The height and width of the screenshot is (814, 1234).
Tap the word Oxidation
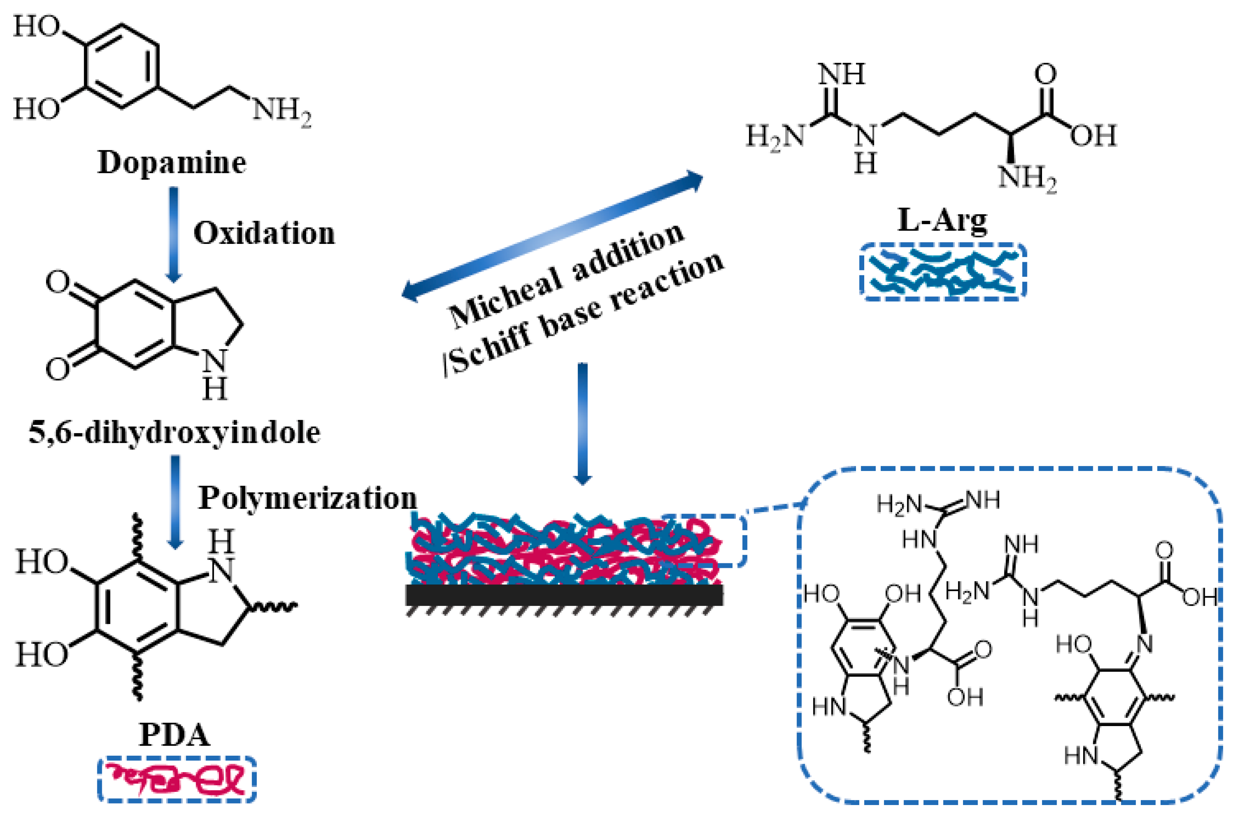tap(264, 233)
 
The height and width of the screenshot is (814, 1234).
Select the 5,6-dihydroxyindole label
tap(174, 432)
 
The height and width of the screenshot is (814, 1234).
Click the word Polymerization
tap(307, 498)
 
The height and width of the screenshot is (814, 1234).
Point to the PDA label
tap(175, 735)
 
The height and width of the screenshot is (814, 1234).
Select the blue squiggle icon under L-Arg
tap(943, 272)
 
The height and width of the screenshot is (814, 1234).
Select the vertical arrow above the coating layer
tap(582, 423)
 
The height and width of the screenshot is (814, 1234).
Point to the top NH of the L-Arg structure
tap(842, 74)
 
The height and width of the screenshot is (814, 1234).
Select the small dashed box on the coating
tap(704, 541)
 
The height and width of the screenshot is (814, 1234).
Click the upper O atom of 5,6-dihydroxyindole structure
tap(57, 283)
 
